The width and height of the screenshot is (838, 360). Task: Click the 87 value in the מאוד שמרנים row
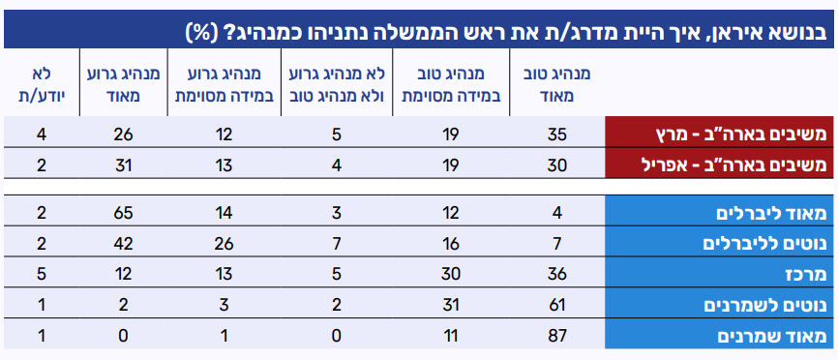click(x=556, y=336)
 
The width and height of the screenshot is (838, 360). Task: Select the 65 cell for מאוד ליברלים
click(x=124, y=213)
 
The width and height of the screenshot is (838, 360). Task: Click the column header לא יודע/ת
click(x=42, y=85)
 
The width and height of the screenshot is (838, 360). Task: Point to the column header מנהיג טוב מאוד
click(x=556, y=85)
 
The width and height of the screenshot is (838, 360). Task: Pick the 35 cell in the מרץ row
click(x=556, y=135)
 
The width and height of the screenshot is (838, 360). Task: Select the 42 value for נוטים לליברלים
click(x=124, y=244)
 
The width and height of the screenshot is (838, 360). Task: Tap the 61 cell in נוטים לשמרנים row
click(x=556, y=306)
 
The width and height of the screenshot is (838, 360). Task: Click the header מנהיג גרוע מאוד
click(x=124, y=85)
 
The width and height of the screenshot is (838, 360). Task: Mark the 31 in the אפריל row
click(x=124, y=165)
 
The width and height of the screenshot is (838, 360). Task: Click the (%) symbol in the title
click(x=199, y=33)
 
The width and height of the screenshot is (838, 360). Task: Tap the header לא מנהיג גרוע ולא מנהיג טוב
click(x=337, y=85)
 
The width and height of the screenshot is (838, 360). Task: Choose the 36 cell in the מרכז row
click(x=556, y=275)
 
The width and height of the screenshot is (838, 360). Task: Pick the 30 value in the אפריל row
click(x=556, y=165)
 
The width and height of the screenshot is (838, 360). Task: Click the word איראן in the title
click(x=744, y=32)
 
